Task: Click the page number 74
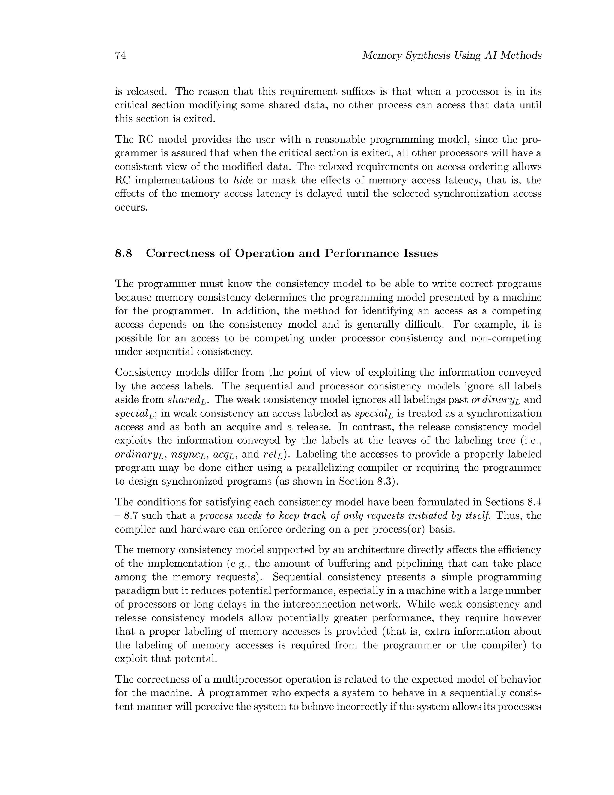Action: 121,56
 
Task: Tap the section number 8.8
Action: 124,253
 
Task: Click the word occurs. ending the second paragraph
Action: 131,208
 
